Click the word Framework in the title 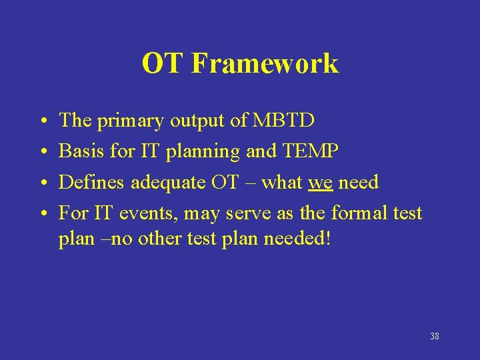pos(265,64)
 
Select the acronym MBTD pos(285,121)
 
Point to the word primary pos(130,121)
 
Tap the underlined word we pos(321,182)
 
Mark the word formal pos(359,213)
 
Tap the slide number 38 pos(434,336)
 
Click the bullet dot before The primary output pos(43,122)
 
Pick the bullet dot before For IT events pos(43,214)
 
